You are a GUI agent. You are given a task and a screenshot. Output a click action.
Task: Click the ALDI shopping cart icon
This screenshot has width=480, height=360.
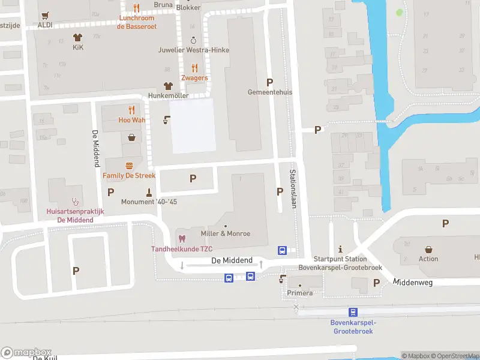coord(45,15)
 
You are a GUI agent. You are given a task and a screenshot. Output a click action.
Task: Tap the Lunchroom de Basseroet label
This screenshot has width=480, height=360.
coord(137,22)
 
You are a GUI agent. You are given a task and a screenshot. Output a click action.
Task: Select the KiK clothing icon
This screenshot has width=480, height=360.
coord(77,37)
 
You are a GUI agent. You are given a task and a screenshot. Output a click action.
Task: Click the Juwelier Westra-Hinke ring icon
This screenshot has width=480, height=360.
coord(193,40)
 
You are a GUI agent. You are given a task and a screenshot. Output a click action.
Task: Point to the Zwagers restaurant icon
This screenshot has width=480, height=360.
coord(194,68)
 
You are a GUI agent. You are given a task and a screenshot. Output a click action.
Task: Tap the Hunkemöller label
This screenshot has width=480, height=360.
coord(169,95)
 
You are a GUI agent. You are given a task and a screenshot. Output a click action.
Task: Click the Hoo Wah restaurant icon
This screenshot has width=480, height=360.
coord(131,110)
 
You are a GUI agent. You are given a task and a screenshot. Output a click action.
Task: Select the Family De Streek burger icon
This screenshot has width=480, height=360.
coord(129,166)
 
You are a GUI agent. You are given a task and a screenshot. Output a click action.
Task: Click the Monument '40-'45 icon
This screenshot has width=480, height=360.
coord(149,192)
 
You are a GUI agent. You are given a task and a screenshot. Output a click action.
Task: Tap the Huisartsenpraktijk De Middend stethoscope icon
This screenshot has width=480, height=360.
coord(76,202)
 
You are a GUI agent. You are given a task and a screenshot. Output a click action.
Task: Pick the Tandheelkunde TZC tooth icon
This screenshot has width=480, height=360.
coord(182,239)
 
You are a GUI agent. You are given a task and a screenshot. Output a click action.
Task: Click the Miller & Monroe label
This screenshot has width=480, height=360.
coord(226,233)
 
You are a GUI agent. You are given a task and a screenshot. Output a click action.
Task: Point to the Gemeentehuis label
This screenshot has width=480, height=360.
coord(269,92)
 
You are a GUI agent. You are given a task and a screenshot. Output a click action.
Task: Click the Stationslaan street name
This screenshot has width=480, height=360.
coord(293,188)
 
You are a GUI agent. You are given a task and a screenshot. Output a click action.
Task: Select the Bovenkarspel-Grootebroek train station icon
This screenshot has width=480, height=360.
coord(352,312)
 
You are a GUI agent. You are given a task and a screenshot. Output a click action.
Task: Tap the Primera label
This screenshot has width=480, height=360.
coord(299,293)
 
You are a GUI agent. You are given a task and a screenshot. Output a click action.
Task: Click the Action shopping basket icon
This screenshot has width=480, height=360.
coord(429,249)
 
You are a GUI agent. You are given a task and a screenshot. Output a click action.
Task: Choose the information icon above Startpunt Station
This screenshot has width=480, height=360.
coord(340,249)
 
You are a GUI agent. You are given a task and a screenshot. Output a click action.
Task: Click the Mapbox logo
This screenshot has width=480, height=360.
coord(27,352)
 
